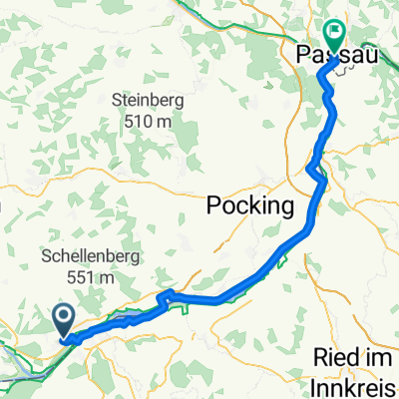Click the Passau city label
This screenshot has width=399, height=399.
tap(337, 56)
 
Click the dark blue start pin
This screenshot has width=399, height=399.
tap(63, 320)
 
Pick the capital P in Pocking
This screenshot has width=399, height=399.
tap(213, 206)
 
